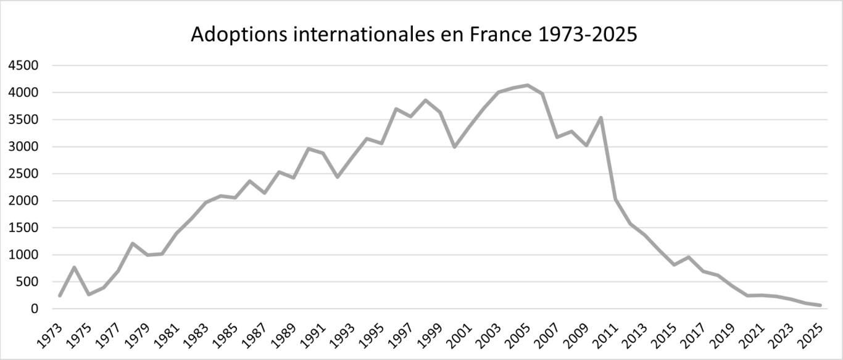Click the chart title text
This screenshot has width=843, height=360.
tap(413, 35)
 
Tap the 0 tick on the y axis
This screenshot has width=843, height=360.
tap(35, 309)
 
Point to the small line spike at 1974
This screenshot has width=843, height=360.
tap(74, 267)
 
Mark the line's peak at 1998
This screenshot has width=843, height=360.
tap(425, 100)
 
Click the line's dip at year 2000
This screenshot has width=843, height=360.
tap(455, 147)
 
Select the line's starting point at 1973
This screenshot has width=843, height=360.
tap(60, 296)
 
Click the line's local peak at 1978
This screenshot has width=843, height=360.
tap(133, 243)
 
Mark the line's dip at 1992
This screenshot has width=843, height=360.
tap(338, 177)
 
